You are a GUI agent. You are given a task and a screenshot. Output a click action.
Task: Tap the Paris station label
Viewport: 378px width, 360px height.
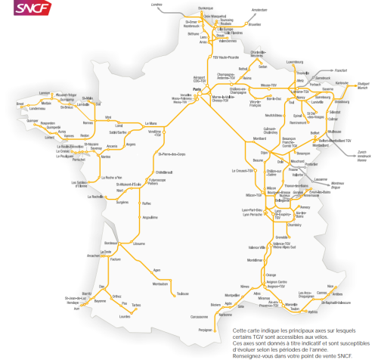(x=197, y=92)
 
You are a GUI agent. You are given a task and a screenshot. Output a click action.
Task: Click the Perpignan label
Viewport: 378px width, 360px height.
(x=196, y=331)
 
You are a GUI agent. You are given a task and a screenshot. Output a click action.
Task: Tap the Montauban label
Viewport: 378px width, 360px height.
(x=160, y=283)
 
